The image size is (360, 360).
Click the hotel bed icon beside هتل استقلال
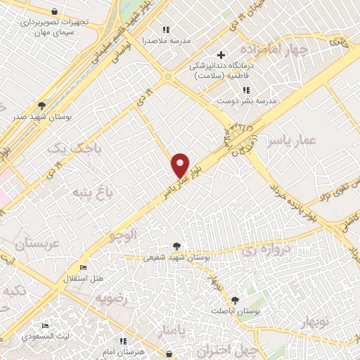click(84, 268)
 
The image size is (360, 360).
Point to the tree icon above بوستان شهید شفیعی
click(176, 246)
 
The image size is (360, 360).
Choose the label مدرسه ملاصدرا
click(166, 40)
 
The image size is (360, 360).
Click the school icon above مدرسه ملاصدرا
click(166, 30)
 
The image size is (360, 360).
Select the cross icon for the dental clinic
click(221, 54)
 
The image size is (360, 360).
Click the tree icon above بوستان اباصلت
click(235, 300)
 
